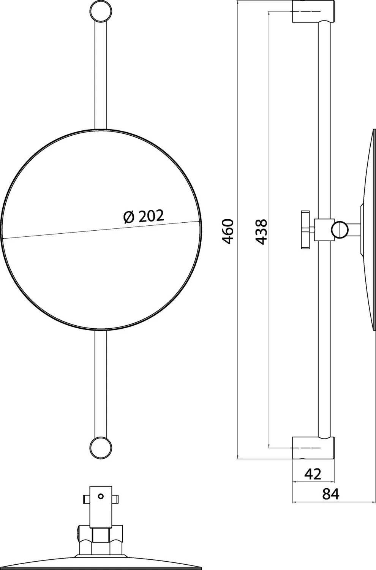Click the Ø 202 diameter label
pos(144,216)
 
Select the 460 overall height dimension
pos(227,231)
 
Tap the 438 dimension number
pos(261,231)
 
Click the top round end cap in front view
pos(101,11)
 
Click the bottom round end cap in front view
pos(101,448)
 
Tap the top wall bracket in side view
pos(313,11)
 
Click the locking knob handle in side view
pos(305,230)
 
